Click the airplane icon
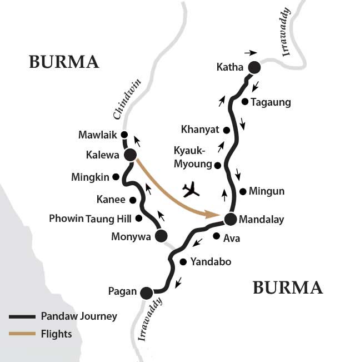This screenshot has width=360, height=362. pos(191,189)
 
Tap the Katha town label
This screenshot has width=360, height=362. pos(230,68)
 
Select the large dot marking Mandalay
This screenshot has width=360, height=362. pos(230,219)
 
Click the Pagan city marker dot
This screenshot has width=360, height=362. pos(147,292)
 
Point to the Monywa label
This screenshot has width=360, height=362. pos(134,236)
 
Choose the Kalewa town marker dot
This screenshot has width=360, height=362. pos(130,155)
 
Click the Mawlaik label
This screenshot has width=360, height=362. pos(99,135)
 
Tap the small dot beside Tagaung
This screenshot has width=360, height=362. pos(244,101)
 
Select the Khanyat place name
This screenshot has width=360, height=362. pos(200,130)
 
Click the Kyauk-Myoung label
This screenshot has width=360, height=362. pos(193,158)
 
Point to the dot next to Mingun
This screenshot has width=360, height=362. pos(243,192)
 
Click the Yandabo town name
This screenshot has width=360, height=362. pos(211,261)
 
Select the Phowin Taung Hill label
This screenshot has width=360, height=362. pos(91,219)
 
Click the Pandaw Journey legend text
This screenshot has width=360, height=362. pos(79,316)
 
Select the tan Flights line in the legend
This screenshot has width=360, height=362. pos(22,334)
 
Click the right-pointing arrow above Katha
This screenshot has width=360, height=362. pos(251,53)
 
